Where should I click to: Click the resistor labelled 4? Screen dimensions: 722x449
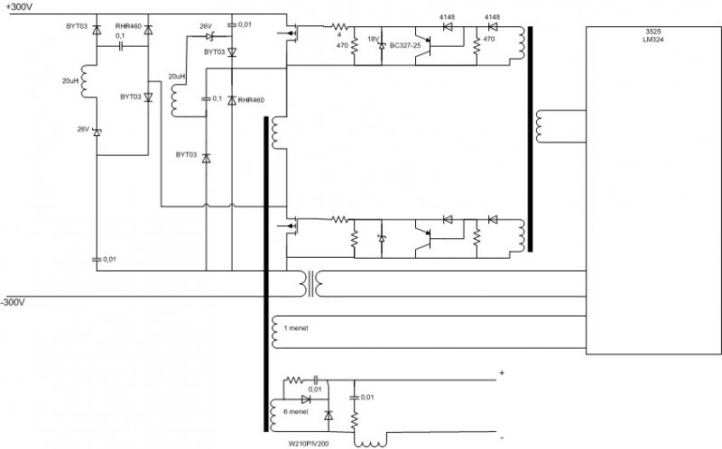click(x=339, y=28)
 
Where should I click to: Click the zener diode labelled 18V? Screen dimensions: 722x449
click(x=381, y=44)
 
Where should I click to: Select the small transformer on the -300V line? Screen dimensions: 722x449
click(x=314, y=284)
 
